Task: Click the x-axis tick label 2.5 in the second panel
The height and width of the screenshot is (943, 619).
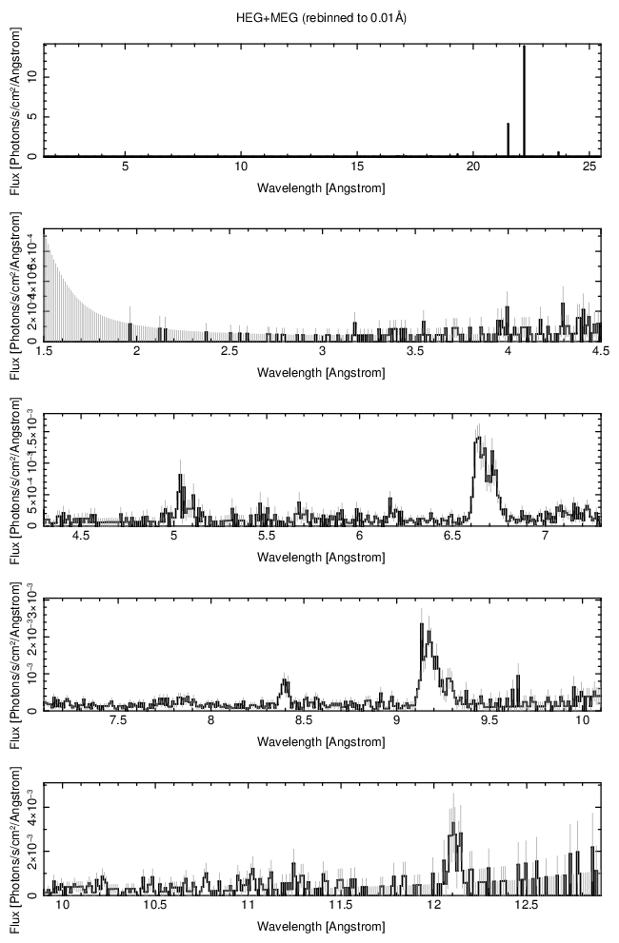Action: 230,352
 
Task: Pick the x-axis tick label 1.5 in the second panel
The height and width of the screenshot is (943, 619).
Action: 44,352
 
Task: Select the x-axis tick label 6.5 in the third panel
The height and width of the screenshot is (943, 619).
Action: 452,537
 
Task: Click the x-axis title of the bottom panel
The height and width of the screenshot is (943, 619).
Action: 321,926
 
